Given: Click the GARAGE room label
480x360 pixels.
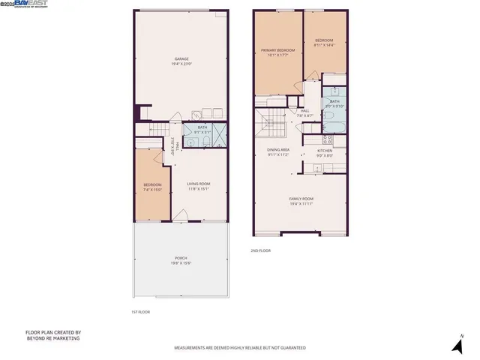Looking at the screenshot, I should (x=181, y=58).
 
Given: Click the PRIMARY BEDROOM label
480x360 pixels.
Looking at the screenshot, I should (x=277, y=50).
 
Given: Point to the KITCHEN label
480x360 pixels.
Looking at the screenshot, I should (x=324, y=151).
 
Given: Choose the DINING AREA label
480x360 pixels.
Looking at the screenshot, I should (x=278, y=150).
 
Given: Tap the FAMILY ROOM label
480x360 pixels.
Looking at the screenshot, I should (x=300, y=199).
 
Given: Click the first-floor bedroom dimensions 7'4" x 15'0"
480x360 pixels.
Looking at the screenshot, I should (x=153, y=190).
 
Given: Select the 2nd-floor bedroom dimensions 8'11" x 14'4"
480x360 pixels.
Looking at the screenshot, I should (x=324, y=45).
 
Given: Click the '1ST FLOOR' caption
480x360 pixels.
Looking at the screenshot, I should (x=140, y=312).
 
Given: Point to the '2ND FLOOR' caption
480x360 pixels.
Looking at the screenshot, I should (x=260, y=250).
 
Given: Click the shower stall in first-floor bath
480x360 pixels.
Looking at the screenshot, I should (x=221, y=136).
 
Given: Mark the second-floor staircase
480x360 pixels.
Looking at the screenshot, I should (x=268, y=120).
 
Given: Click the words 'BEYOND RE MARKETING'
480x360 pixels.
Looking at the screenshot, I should (x=52, y=338).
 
